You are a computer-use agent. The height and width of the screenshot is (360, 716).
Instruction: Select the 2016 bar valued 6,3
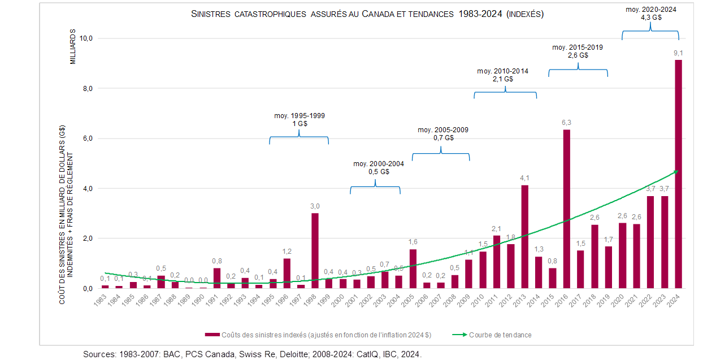566,209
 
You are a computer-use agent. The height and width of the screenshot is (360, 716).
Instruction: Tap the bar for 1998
315,250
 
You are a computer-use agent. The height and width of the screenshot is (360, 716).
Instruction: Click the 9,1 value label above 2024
678,53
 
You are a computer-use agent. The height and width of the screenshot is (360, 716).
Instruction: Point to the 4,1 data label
524,179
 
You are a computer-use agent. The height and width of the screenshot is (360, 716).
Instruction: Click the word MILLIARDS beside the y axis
72,47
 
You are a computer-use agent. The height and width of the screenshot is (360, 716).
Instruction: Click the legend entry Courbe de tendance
500,335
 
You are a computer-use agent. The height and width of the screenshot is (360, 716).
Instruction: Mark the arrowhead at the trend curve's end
676,171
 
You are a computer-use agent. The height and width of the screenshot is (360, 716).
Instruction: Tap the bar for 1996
287,273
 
